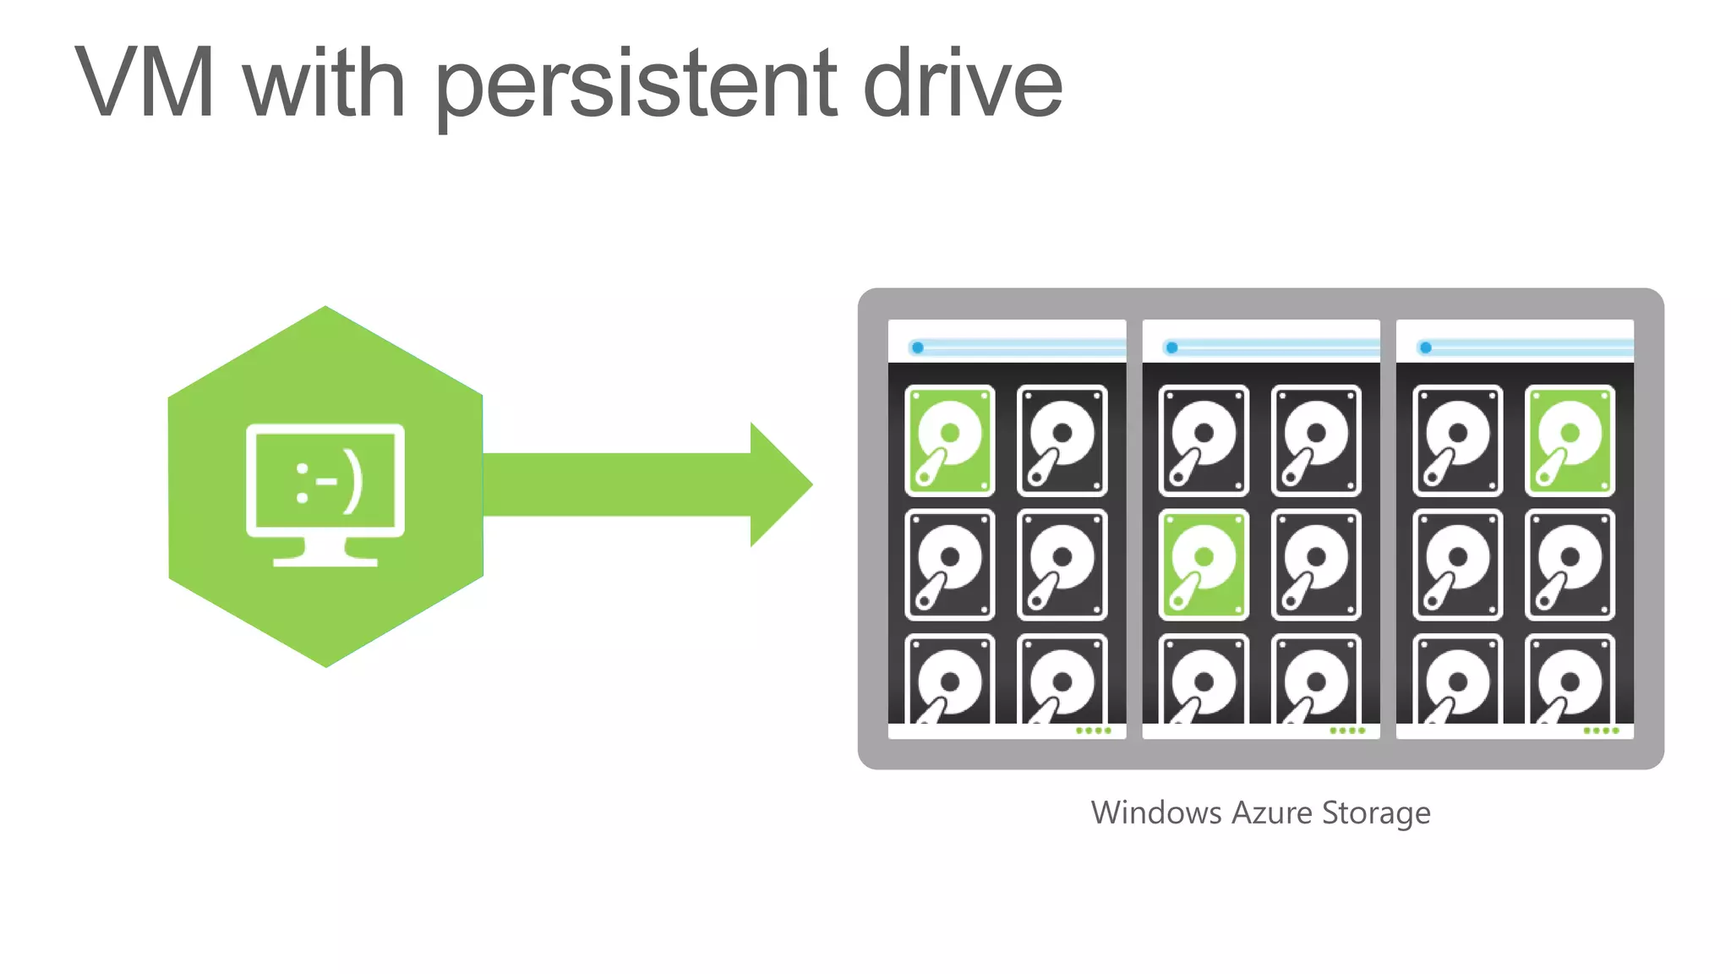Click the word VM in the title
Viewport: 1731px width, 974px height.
coord(145,83)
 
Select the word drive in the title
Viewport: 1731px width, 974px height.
coord(963,83)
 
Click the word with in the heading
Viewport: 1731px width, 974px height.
coord(325,83)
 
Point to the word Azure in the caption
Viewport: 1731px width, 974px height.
coord(1272,813)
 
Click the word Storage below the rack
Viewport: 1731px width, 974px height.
coord(1376,813)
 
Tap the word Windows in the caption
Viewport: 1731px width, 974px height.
coord(1156,813)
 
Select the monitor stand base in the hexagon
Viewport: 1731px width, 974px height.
coord(325,559)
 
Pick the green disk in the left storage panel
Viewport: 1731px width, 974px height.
coord(950,440)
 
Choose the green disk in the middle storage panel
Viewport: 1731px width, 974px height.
coord(1204,564)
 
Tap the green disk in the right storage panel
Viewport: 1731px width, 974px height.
coord(1570,440)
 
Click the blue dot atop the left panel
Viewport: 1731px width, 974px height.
coord(917,347)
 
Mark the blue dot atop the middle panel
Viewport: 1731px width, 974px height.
coord(1171,347)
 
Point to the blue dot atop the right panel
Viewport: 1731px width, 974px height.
coord(1425,347)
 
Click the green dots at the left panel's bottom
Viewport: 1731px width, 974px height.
coord(1093,730)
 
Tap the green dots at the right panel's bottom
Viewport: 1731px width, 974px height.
coord(1601,730)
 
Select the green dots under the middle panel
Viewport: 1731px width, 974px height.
coord(1347,730)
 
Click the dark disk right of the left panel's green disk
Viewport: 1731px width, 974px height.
coord(1062,440)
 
